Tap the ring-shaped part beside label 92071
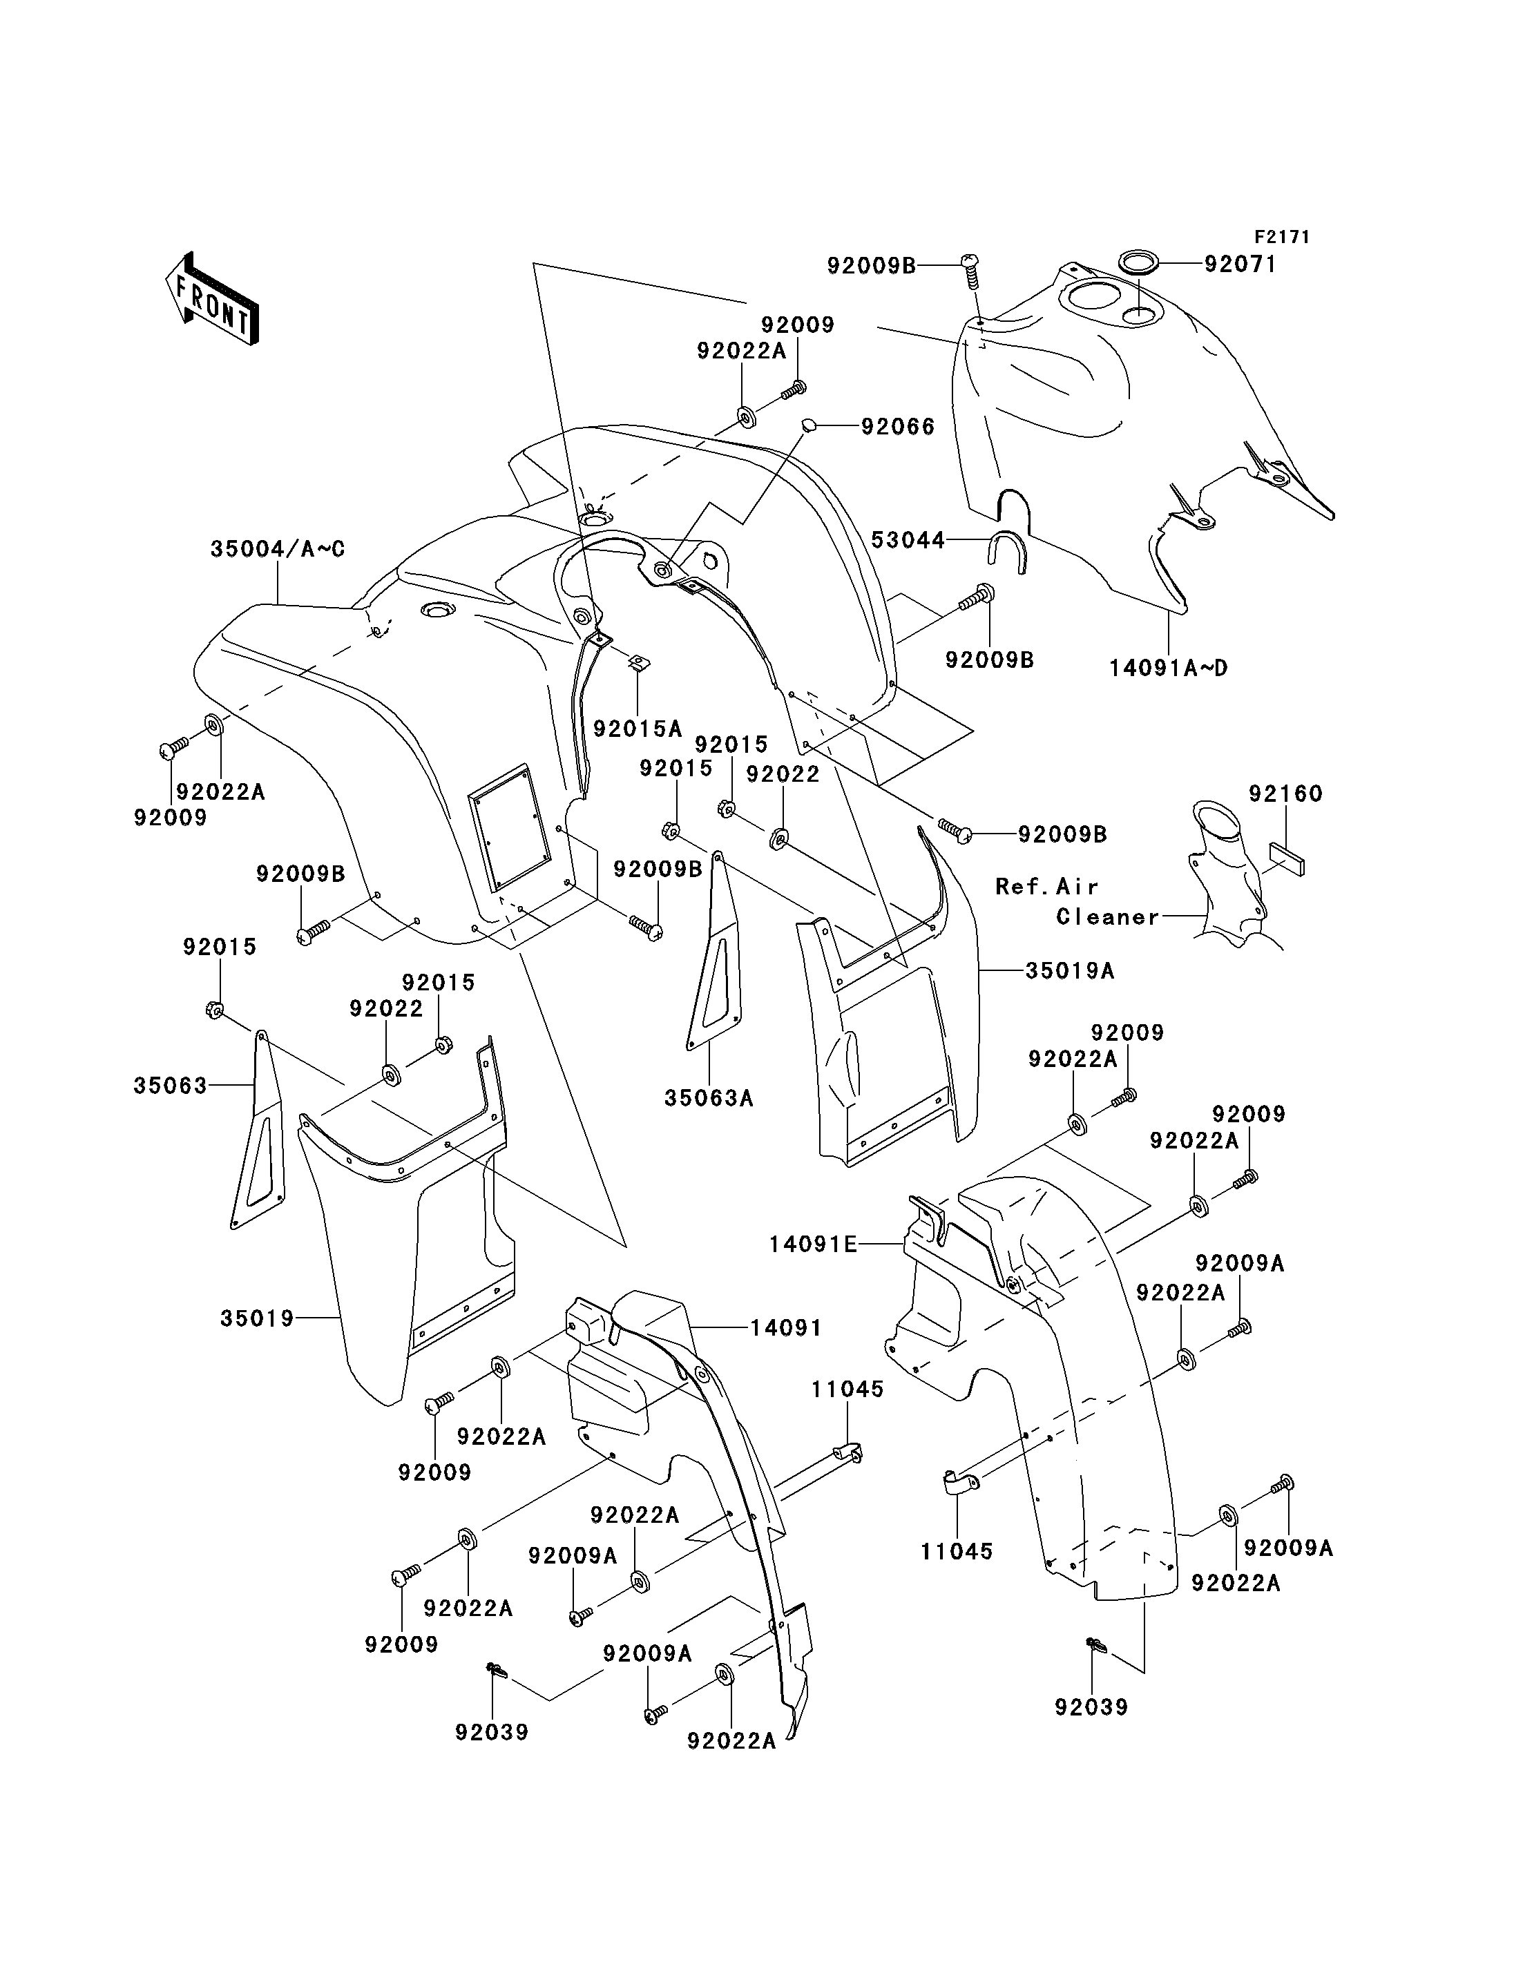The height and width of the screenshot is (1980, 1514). [x=1139, y=263]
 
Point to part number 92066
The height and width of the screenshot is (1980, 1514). [x=898, y=425]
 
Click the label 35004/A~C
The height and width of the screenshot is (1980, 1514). [x=278, y=549]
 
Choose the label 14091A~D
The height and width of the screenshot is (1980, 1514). [x=1168, y=668]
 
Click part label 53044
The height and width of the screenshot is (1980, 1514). [x=908, y=540]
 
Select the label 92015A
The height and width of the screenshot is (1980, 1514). [x=637, y=728]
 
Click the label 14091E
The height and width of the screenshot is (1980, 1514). [x=813, y=1244]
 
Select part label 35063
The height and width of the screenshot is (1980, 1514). [x=171, y=1086]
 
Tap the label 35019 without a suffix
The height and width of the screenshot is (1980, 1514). [x=257, y=1318]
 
